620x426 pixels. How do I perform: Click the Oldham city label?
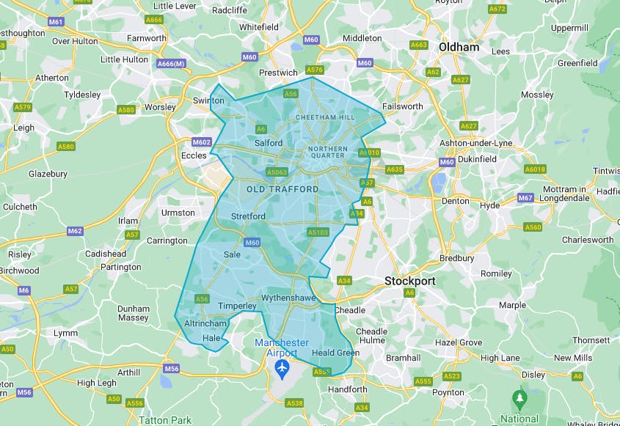pos(459,47)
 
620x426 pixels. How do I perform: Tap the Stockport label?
pos(410,281)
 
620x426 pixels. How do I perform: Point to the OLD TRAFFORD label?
pos(282,189)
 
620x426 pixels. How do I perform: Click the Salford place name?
pos(268,143)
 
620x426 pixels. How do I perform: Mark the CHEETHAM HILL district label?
pos(324,117)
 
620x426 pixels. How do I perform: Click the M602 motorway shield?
pos(201,142)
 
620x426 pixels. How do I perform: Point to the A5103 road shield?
pos(318,232)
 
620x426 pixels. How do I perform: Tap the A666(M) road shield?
pos(170,64)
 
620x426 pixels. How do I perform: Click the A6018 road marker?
pos(535,169)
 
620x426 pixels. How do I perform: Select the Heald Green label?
pos(335,353)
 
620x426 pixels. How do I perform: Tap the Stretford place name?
pos(248,216)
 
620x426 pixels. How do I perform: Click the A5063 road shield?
pos(277,172)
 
